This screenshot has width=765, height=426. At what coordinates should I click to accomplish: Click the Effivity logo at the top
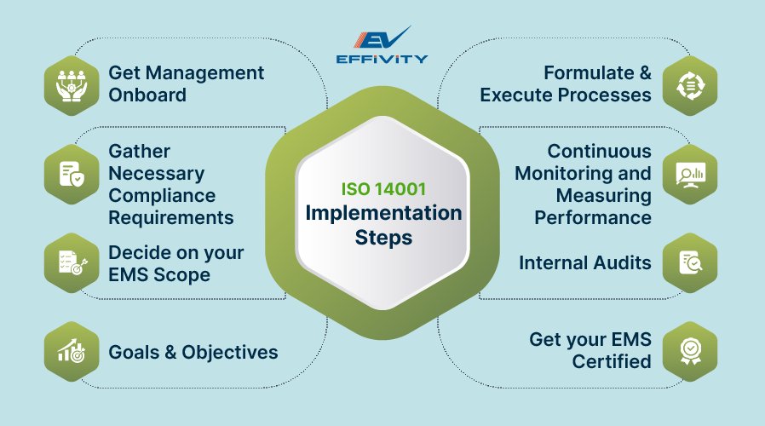coord(382,46)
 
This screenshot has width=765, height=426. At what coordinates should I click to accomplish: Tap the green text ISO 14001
coord(382,187)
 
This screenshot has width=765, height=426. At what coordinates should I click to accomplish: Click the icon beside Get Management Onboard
coord(72,83)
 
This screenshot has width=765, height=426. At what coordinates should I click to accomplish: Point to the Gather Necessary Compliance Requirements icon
coord(72,173)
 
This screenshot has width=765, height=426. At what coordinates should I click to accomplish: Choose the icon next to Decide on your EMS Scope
coord(72,262)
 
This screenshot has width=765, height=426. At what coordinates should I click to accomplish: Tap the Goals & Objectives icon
coord(72,351)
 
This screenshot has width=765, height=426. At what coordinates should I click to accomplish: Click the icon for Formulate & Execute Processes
coord(689,83)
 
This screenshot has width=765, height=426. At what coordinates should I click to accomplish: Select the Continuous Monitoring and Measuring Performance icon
coord(689,173)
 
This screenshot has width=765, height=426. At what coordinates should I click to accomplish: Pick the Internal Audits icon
coord(689,262)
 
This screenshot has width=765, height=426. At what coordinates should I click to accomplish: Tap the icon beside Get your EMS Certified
coord(689,351)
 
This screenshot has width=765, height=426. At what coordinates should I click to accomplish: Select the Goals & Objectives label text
coord(193,352)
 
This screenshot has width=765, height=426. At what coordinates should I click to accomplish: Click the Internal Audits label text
coord(585,262)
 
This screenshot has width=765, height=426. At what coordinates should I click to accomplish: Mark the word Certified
coord(612,362)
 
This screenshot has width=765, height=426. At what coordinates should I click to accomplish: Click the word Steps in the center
coord(382,238)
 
